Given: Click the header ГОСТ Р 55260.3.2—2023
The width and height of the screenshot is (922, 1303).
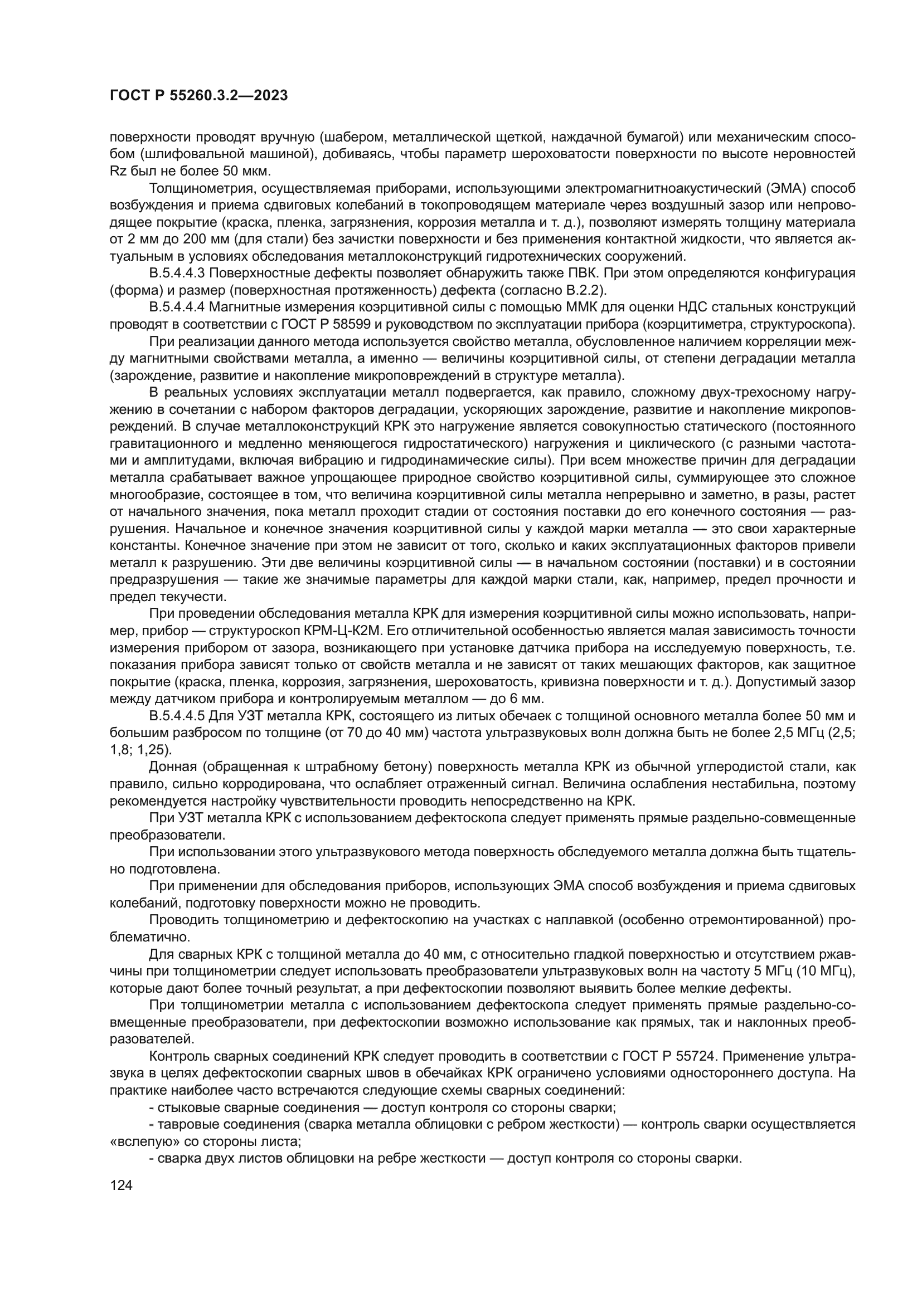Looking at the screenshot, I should click(198, 96).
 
